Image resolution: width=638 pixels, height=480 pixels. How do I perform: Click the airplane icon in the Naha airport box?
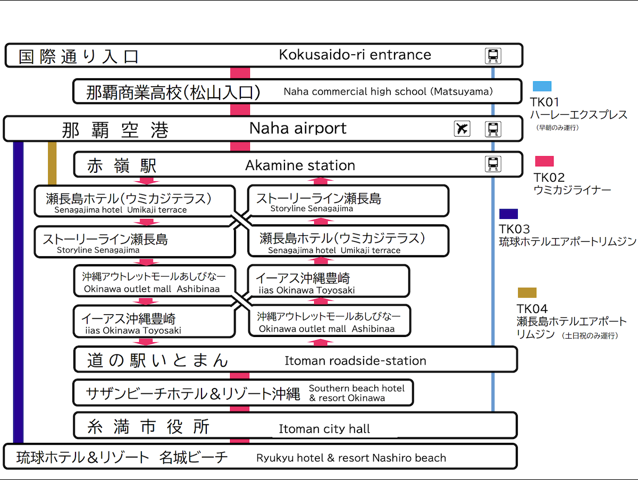point(462,129)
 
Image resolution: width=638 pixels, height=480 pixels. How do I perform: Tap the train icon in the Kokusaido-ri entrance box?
point(493,56)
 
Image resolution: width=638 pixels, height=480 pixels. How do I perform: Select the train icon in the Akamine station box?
point(493,164)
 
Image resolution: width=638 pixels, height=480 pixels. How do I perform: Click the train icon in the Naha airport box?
point(493,129)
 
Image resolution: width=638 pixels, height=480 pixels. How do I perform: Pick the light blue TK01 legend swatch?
point(542,86)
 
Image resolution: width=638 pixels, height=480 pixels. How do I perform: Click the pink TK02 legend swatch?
point(544,161)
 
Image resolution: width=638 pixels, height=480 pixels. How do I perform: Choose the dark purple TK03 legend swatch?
point(508,214)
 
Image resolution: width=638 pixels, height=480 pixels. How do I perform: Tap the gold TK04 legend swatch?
point(527,292)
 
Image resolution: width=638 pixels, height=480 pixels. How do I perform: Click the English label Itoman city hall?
point(324,429)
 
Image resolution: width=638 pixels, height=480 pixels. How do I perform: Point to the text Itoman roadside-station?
point(355,361)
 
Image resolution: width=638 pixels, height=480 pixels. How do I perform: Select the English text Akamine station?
point(300,165)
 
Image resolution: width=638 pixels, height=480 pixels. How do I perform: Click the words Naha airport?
point(298,128)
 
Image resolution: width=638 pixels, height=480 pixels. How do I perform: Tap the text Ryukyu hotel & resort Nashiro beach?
point(351,458)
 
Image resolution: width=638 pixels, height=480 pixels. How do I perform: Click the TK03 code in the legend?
point(514,229)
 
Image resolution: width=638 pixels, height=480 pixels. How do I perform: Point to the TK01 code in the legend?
point(544,102)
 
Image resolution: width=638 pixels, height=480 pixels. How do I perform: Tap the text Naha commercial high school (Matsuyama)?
point(388,91)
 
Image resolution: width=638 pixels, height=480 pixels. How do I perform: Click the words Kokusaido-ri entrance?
point(355,55)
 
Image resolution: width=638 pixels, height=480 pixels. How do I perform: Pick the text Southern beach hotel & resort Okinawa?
point(356,393)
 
